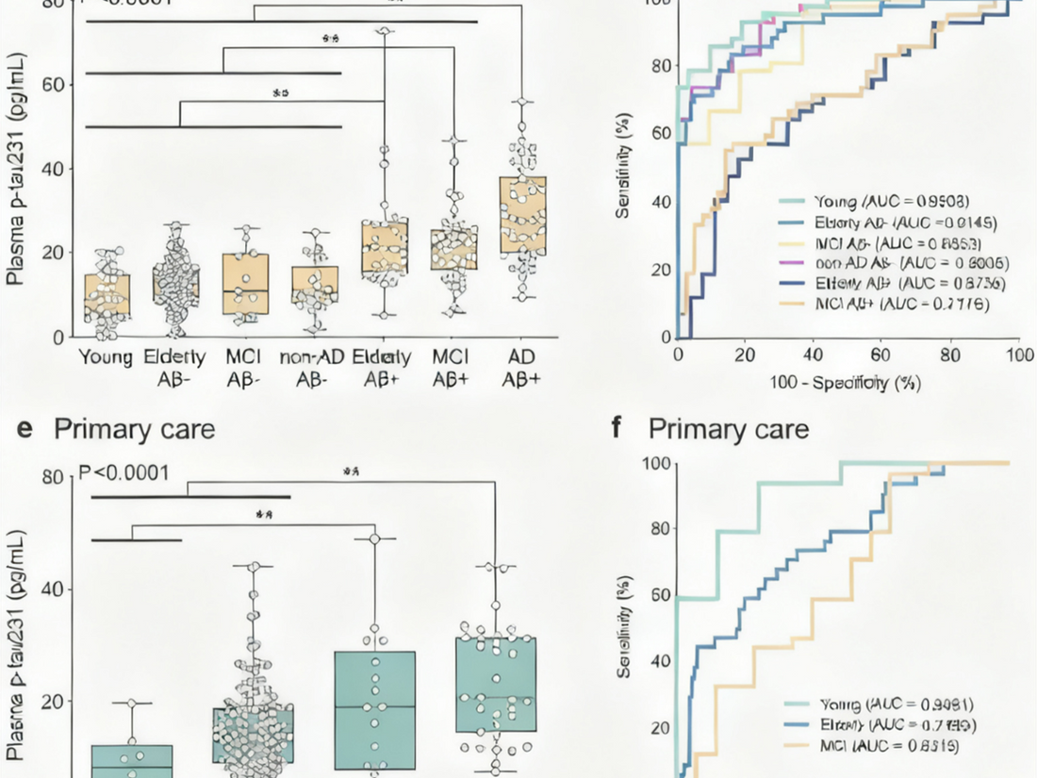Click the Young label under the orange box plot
106,357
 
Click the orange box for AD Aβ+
521,215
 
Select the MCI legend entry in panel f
872,745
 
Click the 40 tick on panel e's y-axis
61,589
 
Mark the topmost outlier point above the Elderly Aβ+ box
383,32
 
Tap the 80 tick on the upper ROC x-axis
950,355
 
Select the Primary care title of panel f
728,429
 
